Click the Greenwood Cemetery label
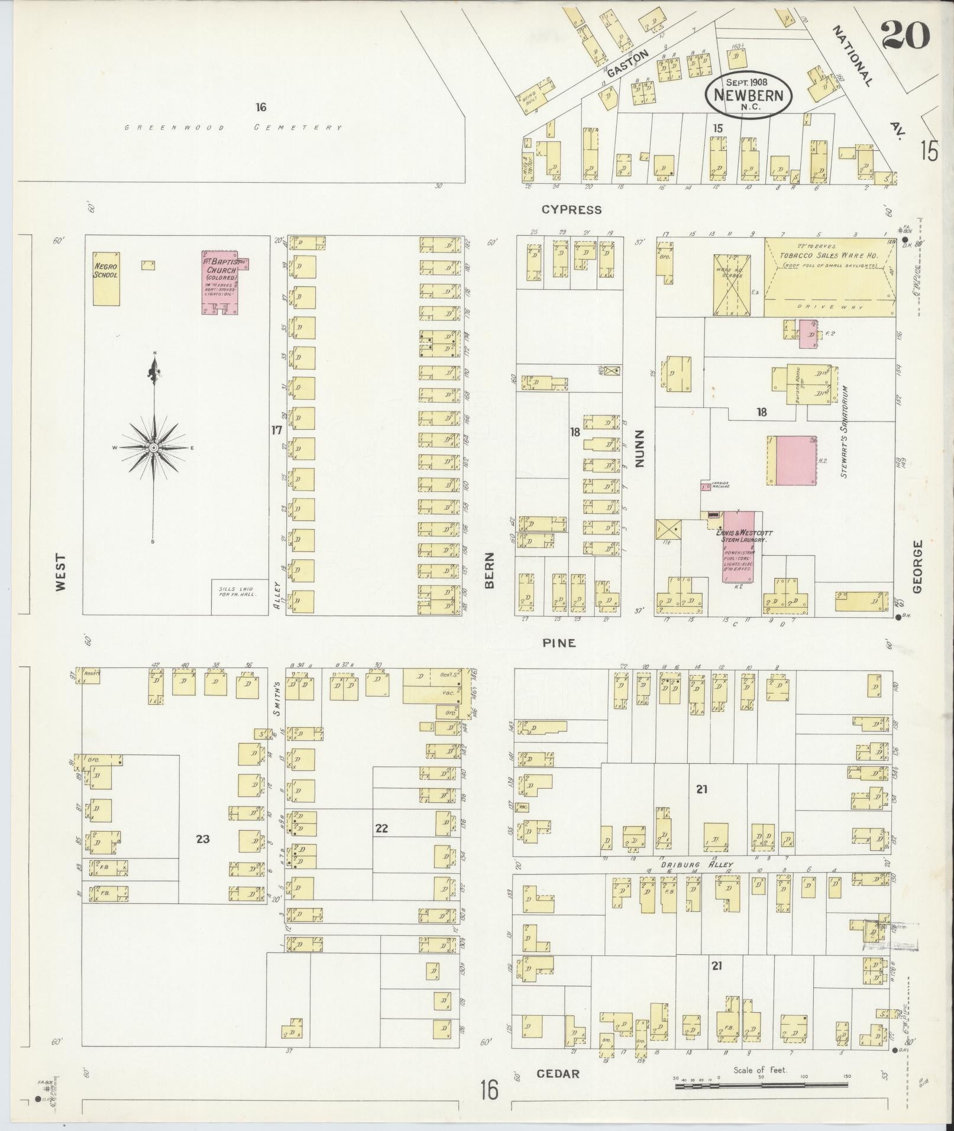point(234,127)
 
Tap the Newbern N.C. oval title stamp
point(748,95)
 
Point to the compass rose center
point(154,448)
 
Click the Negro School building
point(106,278)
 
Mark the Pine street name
point(559,643)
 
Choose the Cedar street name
point(558,1074)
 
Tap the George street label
point(917,566)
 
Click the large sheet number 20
point(905,35)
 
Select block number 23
point(203,839)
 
